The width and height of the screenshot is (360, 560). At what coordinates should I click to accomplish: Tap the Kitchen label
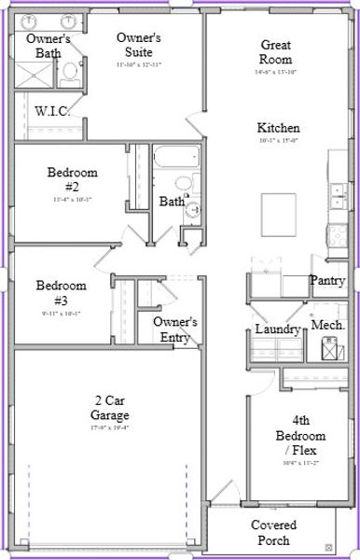(279, 127)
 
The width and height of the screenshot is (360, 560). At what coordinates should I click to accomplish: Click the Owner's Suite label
(139, 44)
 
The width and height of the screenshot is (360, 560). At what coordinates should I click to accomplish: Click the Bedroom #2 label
(72, 178)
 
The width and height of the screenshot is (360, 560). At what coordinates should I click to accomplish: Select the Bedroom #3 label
(61, 292)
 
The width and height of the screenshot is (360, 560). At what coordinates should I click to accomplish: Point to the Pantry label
(328, 280)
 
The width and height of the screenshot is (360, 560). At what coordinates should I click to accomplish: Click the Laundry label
(278, 329)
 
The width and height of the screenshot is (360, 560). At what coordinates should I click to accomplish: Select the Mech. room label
(328, 325)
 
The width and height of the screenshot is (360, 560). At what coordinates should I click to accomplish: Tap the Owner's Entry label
(174, 329)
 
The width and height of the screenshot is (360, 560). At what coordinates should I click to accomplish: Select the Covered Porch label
(274, 533)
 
